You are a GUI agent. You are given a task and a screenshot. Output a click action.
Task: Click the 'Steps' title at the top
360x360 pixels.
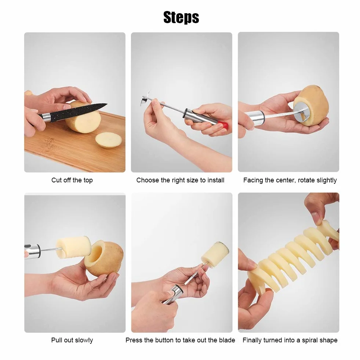(181, 18)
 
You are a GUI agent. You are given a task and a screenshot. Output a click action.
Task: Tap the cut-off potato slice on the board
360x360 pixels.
(109, 140)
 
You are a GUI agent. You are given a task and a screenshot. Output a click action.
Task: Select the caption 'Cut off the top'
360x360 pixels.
(72, 180)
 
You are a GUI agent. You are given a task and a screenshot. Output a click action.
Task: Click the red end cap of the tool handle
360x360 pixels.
(224, 126)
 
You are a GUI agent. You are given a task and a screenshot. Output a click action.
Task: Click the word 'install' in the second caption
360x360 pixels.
(216, 180)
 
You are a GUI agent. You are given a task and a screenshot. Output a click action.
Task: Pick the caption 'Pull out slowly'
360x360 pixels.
(72, 340)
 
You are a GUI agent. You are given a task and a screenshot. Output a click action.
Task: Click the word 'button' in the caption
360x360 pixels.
(164, 340)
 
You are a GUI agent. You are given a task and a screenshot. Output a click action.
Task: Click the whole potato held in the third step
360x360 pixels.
(312, 106)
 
